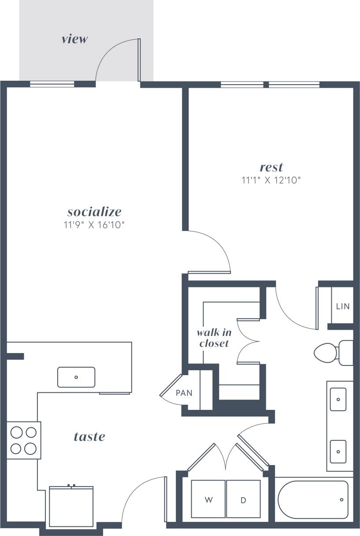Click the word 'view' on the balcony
pyautogui.click(x=75, y=39)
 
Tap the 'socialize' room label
pyautogui.click(x=94, y=211)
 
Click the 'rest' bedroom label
pyautogui.click(x=271, y=167)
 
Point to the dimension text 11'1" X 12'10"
pyautogui.click(x=271, y=180)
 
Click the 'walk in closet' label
pyautogui.click(x=214, y=338)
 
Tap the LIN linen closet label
pyautogui.click(x=343, y=306)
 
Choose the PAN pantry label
pyautogui.click(x=184, y=393)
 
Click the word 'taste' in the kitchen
pyautogui.click(x=89, y=436)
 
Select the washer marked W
pyautogui.click(x=208, y=499)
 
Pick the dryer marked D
pyautogui.click(x=243, y=499)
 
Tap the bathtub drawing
pyautogui.click(x=313, y=500)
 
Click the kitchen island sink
pyautogui.click(x=76, y=377)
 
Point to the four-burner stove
pyautogui.click(x=23, y=440)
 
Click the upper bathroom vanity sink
pyautogui.click(x=338, y=399)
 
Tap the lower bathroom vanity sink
pyautogui.click(x=338, y=451)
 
